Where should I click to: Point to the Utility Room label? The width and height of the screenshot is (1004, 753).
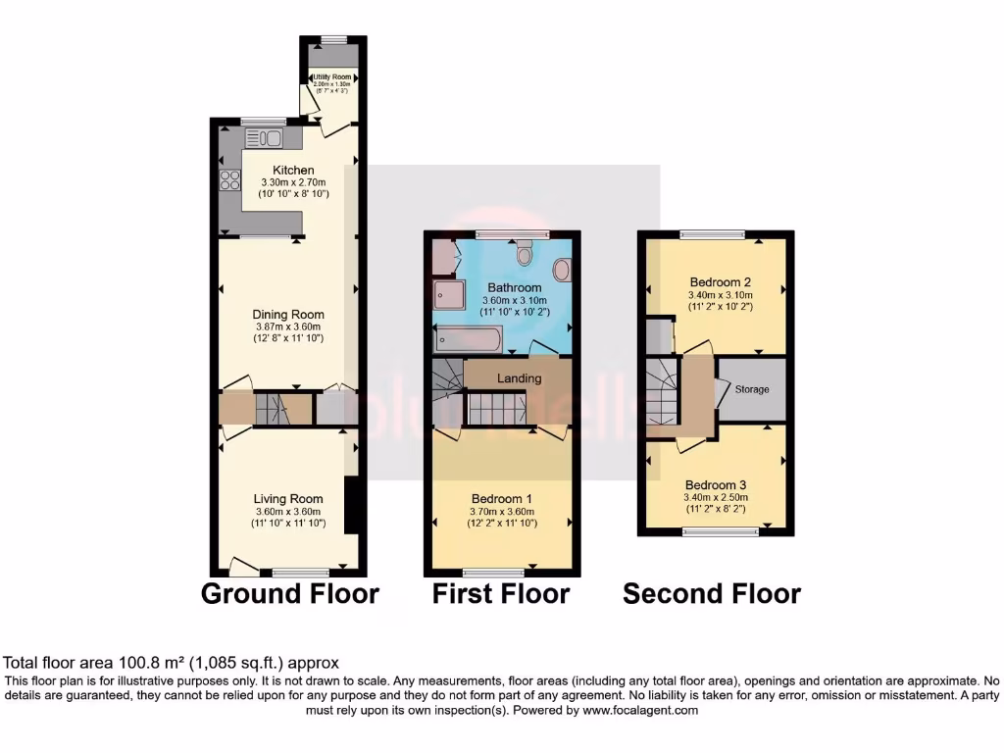pyautogui.click(x=332, y=76)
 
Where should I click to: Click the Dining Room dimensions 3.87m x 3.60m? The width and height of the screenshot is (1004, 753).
pyautogui.click(x=289, y=326)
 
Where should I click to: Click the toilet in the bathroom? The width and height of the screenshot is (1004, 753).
pyautogui.click(x=525, y=255)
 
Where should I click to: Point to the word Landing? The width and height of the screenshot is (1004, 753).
pyautogui.click(x=519, y=378)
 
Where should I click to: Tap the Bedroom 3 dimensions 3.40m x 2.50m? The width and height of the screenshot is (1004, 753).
pyautogui.click(x=715, y=498)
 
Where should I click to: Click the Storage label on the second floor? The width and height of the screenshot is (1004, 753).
pyautogui.click(x=752, y=389)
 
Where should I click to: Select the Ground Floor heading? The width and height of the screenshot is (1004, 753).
pyautogui.click(x=289, y=593)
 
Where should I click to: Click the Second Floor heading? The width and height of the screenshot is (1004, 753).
pyautogui.click(x=712, y=593)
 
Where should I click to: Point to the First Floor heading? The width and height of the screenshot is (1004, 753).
pyautogui.click(x=501, y=593)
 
